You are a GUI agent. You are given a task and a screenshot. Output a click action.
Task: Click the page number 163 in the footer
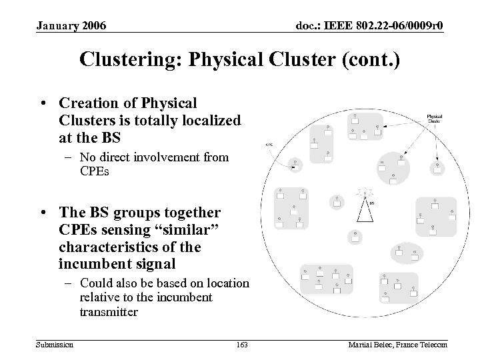coord(242,344)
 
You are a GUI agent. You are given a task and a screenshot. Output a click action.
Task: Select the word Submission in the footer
coord(55,344)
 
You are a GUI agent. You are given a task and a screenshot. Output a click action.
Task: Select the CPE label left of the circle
coord(269,144)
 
